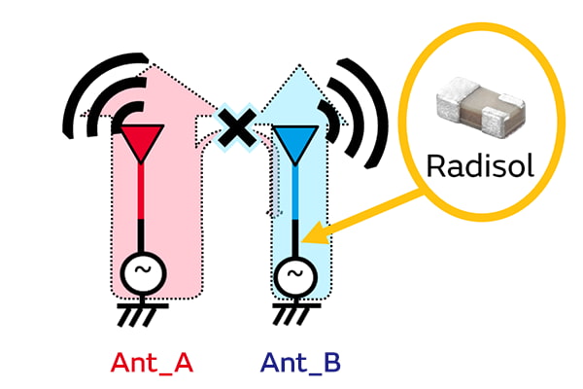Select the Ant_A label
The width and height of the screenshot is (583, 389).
coord(154,364)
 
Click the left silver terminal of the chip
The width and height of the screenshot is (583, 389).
coord(449,102)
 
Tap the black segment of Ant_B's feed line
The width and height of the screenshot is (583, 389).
coord(291,238)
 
